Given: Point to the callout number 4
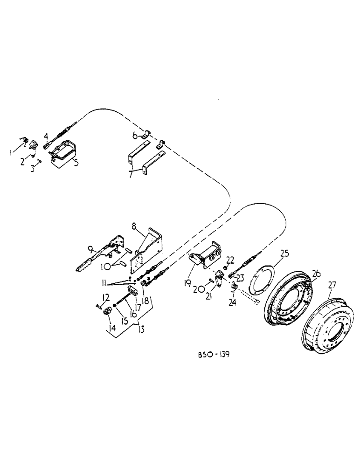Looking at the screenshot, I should click(46, 136).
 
